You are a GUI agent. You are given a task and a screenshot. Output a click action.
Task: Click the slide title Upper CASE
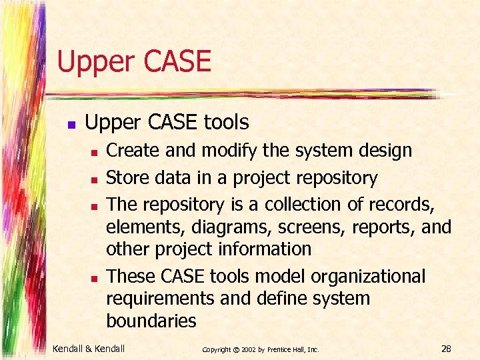[x=134, y=61]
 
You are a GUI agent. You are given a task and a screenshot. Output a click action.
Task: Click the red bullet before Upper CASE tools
[x=71, y=124]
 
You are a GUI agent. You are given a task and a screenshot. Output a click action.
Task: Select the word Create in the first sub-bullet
[x=134, y=151]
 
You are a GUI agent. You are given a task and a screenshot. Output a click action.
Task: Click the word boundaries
[x=151, y=321]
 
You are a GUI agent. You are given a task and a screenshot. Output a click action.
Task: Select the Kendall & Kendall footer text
[x=89, y=347]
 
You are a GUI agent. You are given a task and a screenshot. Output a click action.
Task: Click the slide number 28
[x=446, y=347]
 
